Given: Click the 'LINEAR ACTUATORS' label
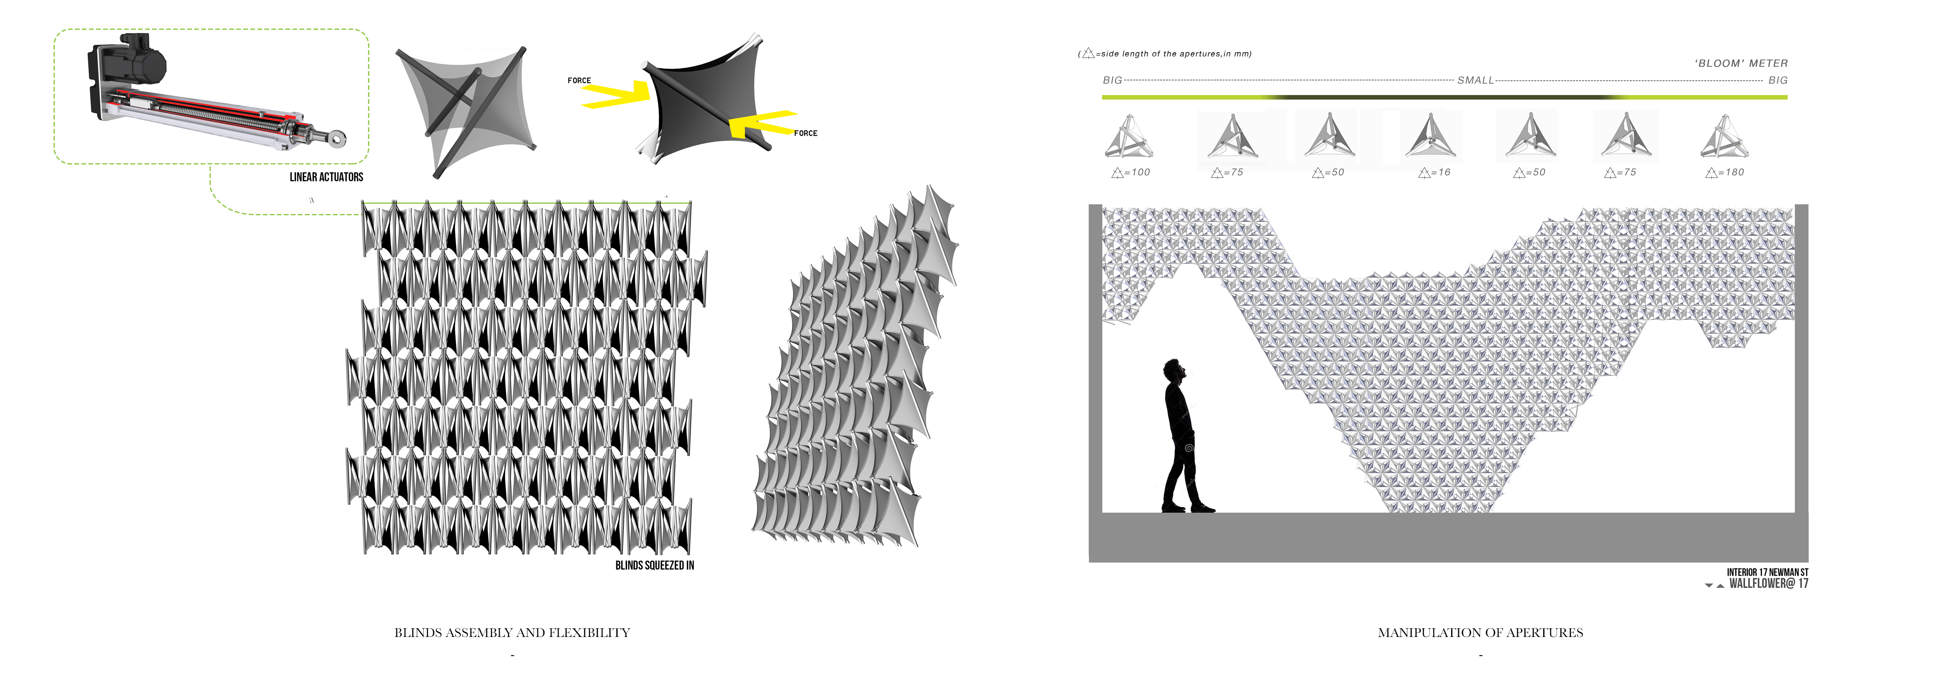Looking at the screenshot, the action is tap(326, 177).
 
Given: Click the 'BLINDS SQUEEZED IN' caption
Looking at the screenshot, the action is tap(654, 565).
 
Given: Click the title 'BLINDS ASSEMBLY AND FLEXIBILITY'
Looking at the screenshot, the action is tap(512, 632).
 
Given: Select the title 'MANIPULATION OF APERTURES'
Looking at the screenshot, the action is tap(1480, 632).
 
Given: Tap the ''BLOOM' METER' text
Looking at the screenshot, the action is tap(1741, 63).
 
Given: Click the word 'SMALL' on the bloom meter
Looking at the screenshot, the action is tap(1475, 80).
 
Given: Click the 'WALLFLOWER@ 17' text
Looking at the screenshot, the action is tap(1768, 583).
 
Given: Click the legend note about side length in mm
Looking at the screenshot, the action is tap(1164, 53).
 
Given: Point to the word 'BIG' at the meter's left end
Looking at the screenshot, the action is tap(1113, 80).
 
